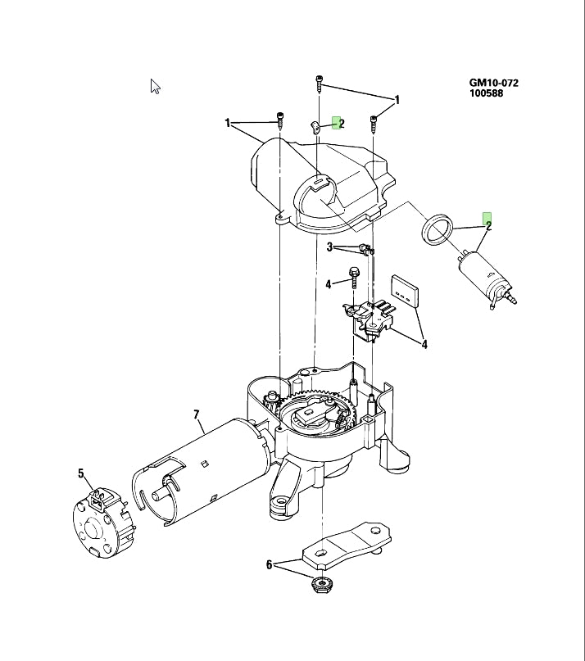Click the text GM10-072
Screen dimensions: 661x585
point(493,83)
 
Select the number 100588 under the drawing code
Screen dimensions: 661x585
point(486,93)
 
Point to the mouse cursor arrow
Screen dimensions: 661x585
point(155,85)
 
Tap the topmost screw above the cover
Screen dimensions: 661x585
point(319,83)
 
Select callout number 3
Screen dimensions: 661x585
point(329,247)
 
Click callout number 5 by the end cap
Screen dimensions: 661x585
point(81,473)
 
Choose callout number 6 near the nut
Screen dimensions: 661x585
point(269,564)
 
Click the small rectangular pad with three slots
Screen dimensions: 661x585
point(404,289)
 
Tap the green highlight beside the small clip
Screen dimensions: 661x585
point(336,122)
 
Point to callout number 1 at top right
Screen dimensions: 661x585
point(397,100)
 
